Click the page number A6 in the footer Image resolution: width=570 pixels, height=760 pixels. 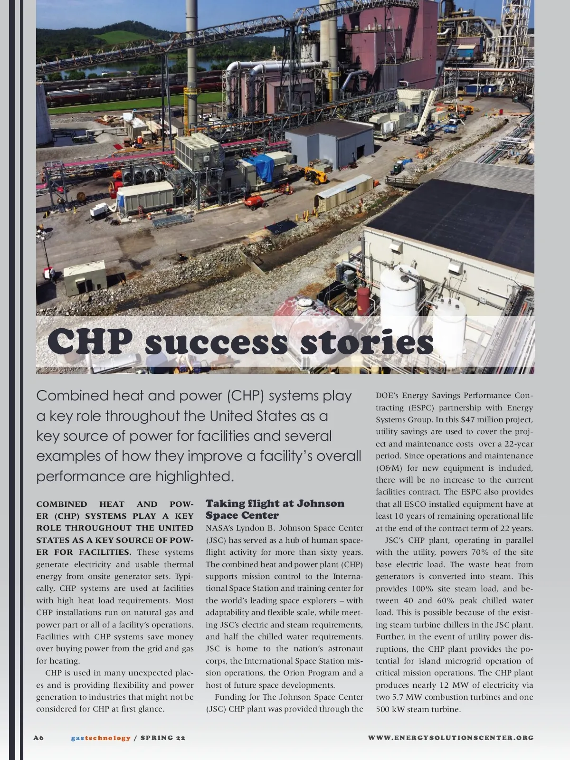coord(38,738)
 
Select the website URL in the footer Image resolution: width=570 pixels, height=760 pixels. coord(451,738)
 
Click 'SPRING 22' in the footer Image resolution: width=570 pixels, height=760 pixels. coord(163,738)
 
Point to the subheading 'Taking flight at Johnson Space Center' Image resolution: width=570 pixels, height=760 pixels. coord(275,509)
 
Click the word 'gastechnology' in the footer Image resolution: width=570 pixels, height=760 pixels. coord(101,738)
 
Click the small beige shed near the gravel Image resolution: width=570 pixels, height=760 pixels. coord(85,276)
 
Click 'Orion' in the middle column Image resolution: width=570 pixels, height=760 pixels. coord(294,673)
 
